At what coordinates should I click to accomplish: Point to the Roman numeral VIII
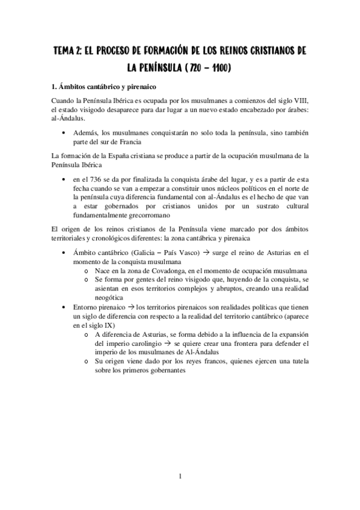297,100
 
